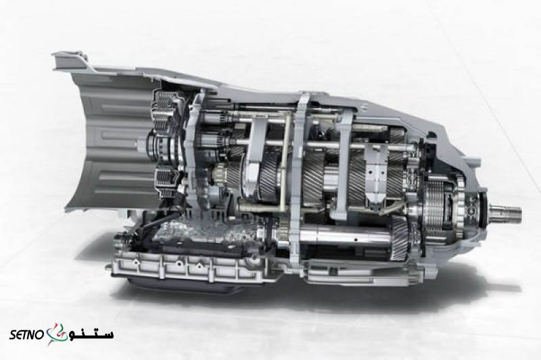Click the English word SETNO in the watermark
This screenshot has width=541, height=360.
pyautogui.click(x=26, y=334)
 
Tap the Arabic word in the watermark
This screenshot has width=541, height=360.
pyautogui.click(x=91, y=334)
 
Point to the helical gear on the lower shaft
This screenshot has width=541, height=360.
pyautogui.click(x=400, y=238)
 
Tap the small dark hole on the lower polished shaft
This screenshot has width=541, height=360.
pyautogui.click(x=354, y=238)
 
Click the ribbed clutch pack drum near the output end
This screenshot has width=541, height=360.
pyautogui.click(x=436, y=208)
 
